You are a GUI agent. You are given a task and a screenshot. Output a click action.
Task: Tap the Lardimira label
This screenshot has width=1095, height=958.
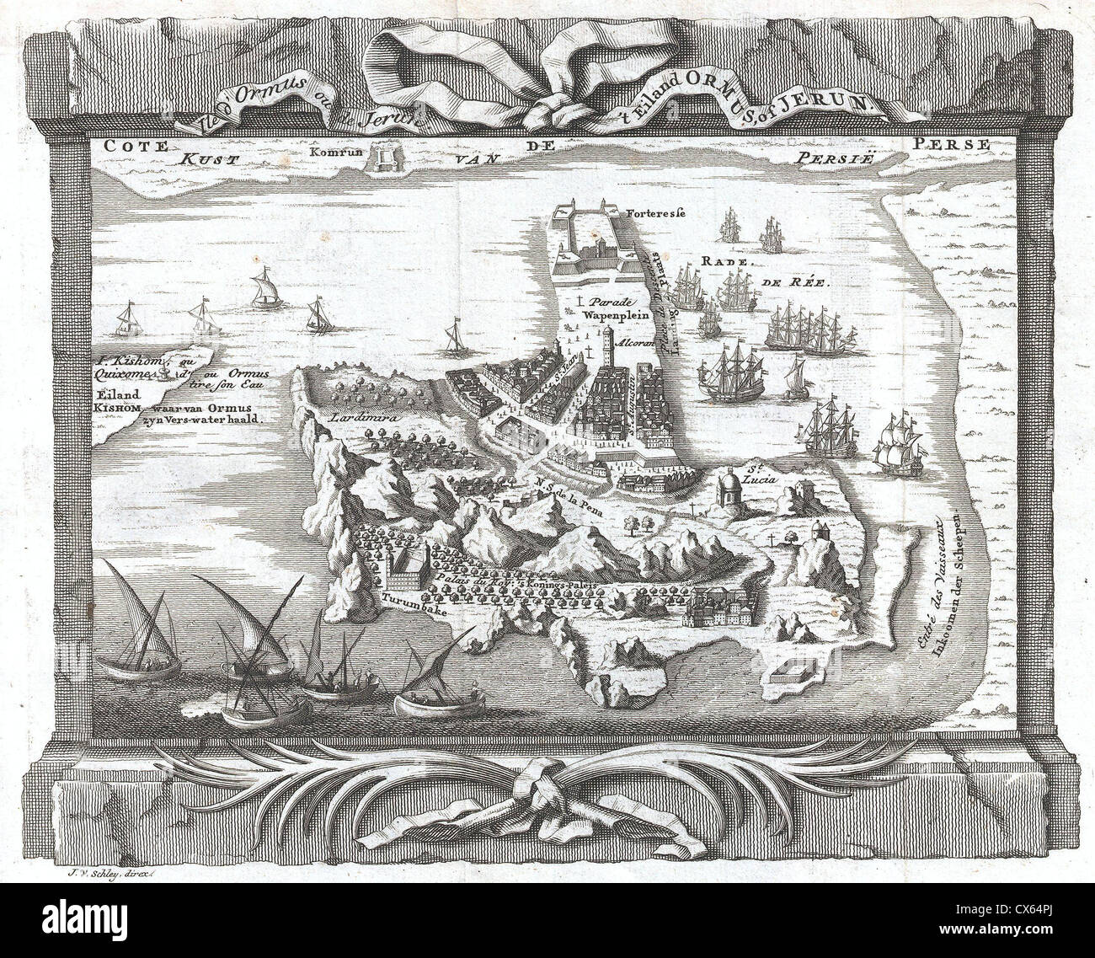point(352,415)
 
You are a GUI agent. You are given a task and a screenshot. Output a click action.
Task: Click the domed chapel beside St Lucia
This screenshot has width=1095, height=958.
point(729,490)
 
